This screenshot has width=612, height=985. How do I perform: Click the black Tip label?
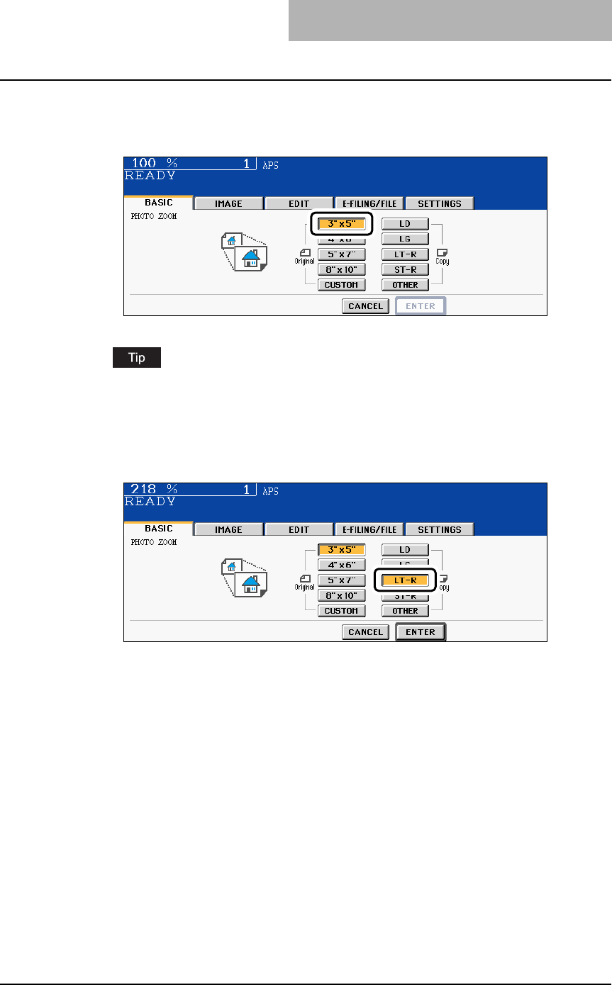tap(136, 357)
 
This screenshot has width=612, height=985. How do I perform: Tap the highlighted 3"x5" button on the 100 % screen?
tap(341, 224)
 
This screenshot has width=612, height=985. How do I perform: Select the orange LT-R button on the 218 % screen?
tap(405, 580)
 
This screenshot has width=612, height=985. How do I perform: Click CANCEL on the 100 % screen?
tap(365, 306)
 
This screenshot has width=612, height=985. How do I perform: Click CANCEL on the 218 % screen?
tap(365, 632)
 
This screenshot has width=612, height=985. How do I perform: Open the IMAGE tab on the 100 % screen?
tap(228, 203)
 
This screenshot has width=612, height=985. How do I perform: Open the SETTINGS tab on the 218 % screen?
tap(440, 529)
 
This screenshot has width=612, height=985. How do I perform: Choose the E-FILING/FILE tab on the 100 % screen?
tap(369, 203)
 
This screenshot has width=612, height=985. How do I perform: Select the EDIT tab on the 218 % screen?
tap(299, 529)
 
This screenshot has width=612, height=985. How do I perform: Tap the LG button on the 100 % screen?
tap(405, 240)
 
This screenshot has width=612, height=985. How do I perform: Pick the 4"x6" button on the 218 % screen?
tap(341, 565)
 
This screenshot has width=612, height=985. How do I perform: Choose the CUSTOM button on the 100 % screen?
tap(341, 285)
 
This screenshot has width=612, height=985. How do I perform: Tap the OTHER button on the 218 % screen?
tap(405, 611)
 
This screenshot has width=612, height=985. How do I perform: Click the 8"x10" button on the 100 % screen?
tap(341, 269)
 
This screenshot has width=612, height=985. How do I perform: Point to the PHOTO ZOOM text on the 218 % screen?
tap(154, 542)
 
